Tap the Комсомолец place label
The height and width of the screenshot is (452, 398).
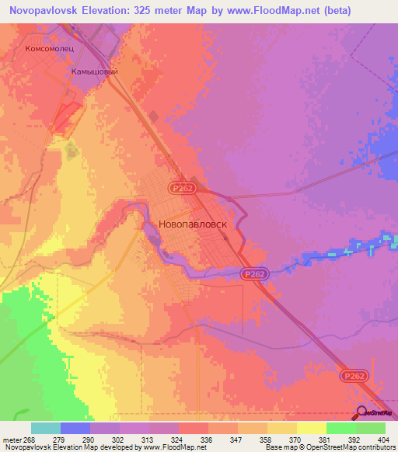(x=50, y=47)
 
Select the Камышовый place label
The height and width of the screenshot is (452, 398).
(x=94, y=71)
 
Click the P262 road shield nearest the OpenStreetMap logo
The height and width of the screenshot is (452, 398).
(x=351, y=376)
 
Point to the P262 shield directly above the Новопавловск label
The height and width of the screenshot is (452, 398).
(x=183, y=188)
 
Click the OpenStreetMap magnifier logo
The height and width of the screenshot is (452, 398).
(x=361, y=413)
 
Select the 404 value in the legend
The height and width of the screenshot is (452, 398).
(x=379, y=439)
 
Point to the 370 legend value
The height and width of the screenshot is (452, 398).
(x=287, y=439)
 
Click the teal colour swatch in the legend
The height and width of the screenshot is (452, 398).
(x=46, y=428)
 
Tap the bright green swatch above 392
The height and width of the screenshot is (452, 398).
(x=340, y=428)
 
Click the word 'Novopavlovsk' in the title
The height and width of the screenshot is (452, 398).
(x=46, y=11)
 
